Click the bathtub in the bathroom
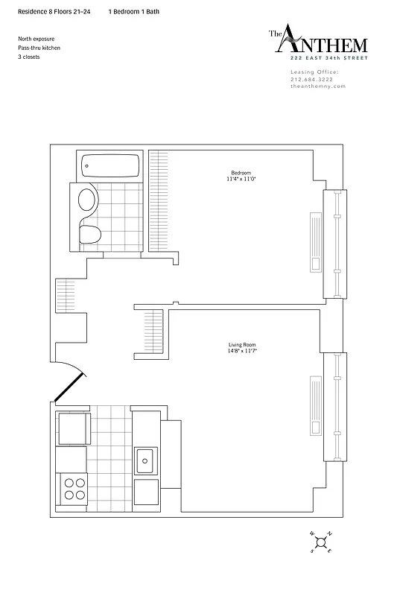tap(110, 165)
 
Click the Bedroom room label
tap(241, 173)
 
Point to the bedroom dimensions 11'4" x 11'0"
tap(241, 179)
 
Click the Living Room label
tap(242, 344)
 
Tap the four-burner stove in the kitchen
tap(74, 487)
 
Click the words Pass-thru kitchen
tap(39, 47)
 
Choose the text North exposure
tap(36, 38)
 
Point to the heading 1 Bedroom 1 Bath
tap(133, 13)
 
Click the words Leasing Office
tap(314, 72)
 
